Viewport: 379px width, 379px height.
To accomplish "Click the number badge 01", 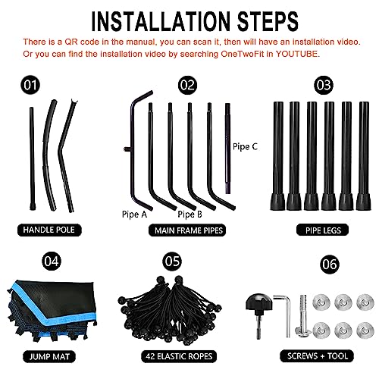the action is point(30,85).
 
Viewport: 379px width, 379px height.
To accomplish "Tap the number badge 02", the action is point(187,85).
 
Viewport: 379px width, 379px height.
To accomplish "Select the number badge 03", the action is point(324,85).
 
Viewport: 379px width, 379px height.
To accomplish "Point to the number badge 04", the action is point(52,261).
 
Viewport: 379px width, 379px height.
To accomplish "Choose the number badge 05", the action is point(172,261).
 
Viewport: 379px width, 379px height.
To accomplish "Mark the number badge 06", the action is point(330,265).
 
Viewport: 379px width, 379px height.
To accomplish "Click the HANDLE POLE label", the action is point(49,230).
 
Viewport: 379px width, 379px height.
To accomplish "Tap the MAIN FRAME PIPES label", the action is point(187,230).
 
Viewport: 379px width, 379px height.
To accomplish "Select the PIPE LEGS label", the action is point(322,230).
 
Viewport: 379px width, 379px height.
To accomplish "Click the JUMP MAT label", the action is point(49,356).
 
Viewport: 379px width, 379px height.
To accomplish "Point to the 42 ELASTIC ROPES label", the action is point(179,356).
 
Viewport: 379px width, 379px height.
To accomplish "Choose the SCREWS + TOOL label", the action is point(317,356).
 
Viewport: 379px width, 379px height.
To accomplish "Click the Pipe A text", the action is point(134,215).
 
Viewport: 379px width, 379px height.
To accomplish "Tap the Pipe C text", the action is point(245,146).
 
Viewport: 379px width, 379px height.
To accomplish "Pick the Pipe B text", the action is point(189,215).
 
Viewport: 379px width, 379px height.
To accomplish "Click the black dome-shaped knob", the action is point(259,302).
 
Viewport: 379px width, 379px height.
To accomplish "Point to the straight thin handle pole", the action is point(32,158).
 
